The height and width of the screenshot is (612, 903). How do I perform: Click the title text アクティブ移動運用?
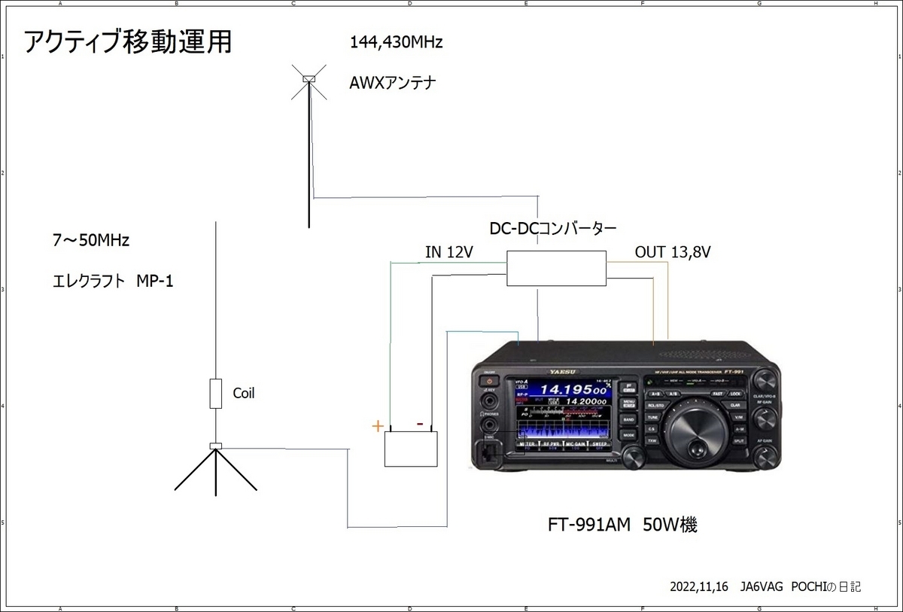pos(128,43)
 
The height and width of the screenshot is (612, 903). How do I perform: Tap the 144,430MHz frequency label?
pos(396,43)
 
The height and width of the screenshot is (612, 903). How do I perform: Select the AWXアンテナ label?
pos(393,83)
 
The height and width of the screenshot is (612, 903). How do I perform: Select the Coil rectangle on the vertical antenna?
pos(216,394)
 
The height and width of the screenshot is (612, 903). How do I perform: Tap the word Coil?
pos(244,393)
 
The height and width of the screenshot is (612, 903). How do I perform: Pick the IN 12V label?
pos(448,253)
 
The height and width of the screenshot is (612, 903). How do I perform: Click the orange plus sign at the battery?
pos(378,426)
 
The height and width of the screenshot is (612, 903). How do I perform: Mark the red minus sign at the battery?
pos(420,423)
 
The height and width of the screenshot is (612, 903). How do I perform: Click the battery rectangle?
pos(412,449)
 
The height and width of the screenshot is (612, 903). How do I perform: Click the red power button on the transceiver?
pos(490,382)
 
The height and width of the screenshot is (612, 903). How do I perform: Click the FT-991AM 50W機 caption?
pos(622,525)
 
